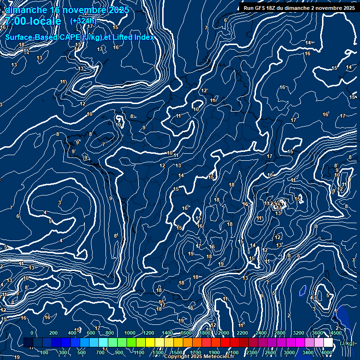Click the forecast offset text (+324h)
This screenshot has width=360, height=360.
[83, 21]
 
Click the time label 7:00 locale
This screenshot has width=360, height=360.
[33, 21]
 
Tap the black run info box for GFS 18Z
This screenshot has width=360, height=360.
[299, 8]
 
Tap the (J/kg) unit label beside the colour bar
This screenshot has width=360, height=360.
[347, 343]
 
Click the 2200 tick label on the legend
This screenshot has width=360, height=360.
[242, 333]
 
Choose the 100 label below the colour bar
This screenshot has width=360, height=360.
[45, 352]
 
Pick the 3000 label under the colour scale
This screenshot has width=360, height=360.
[289, 352]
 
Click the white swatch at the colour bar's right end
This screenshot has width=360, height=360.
[328, 343]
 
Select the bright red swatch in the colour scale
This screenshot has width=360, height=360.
[225, 343]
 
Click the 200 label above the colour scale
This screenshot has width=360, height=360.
[53, 333]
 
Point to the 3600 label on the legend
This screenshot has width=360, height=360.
[317, 333]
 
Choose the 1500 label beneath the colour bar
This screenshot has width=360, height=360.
[177, 352]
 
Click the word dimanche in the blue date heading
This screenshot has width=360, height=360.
[23, 10]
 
